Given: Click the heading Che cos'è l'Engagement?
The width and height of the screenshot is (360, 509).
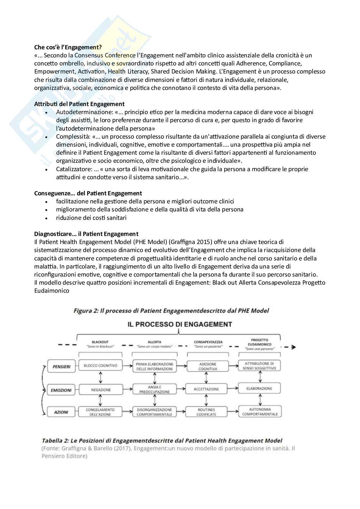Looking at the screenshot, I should pyautogui.click(x=68, y=47).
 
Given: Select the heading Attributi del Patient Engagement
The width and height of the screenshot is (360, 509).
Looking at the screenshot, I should pyautogui.click(x=79, y=104).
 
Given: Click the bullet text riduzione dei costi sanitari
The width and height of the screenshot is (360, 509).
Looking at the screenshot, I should pyautogui.click(x=91, y=218).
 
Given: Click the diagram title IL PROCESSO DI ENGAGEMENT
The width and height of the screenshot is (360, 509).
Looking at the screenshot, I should pyautogui.click(x=180, y=324).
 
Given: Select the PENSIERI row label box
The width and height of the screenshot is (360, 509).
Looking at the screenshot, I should pyautogui.click(x=61, y=367).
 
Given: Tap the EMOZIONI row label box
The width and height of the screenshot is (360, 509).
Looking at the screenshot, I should pyautogui.click(x=61, y=390).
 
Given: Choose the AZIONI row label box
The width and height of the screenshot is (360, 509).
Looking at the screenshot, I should pyautogui.click(x=61, y=412).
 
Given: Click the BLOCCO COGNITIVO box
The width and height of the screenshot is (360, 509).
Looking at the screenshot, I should pyautogui.click(x=100, y=366).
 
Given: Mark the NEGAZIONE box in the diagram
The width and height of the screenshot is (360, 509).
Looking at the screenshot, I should pyautogui.click(x=101, y=390).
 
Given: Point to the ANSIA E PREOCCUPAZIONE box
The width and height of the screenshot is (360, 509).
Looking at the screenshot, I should pyautogui.click(x=155, y=389).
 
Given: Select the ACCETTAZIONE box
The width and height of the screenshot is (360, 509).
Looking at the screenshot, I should pyautogui.click(x=206, y=389).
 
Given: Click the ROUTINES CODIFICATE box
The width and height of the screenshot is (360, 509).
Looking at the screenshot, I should pyautogui.click(x=206, y=412).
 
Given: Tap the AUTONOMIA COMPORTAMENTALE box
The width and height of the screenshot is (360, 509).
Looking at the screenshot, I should pyautogui.click(x=260, y=412).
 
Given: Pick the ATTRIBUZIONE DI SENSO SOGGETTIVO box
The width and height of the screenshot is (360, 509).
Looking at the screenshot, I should pyautogui.click(x=259, y=366).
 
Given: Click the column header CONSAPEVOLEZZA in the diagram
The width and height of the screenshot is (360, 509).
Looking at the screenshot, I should pyautogui.click(x=208, y=342).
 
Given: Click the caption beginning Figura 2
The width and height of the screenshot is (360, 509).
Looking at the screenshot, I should pyautogui.click(x=171, y=311).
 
